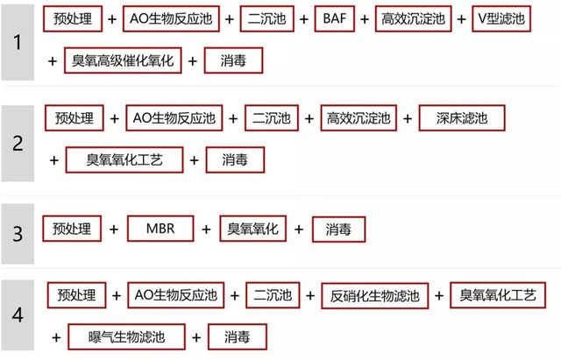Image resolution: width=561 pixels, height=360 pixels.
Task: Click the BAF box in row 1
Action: tap(335, 18)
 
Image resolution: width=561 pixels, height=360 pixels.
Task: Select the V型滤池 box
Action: tap(501, 18)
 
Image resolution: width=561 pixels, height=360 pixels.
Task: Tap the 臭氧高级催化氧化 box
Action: tap(123, 60)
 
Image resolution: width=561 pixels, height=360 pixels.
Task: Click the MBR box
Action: tap(160, 229)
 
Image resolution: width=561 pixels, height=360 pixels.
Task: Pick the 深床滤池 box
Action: tap(462, 118)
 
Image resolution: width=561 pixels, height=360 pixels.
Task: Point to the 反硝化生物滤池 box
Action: tap(374, 296)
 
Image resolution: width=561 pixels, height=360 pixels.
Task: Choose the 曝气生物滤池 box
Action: tap(126, 336)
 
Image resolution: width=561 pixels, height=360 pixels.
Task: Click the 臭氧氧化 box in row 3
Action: tap(253, 229)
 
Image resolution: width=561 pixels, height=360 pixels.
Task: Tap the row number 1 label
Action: tap(18, 42)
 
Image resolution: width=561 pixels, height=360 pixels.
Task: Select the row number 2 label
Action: tap(18, 144)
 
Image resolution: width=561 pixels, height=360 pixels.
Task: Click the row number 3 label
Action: tap(18, 234)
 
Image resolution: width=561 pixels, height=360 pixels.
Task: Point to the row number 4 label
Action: tap(18, 315)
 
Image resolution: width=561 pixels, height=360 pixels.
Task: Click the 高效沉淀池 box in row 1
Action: tap(413, 18)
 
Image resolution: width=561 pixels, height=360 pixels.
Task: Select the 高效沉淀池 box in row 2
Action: tap(359, 118)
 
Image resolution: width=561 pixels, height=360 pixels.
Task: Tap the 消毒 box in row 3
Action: tap(339, 229)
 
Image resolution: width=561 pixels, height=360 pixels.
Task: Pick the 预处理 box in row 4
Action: tap(76, 295)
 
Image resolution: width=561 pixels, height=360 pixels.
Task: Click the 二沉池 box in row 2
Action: tap(272, 118)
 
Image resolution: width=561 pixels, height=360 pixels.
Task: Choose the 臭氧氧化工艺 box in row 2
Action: tap(124, 159)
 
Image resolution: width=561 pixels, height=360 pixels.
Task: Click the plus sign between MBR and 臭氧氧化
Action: tap(207, 229)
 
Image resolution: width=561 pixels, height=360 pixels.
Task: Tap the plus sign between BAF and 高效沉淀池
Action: tap(365, 19)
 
